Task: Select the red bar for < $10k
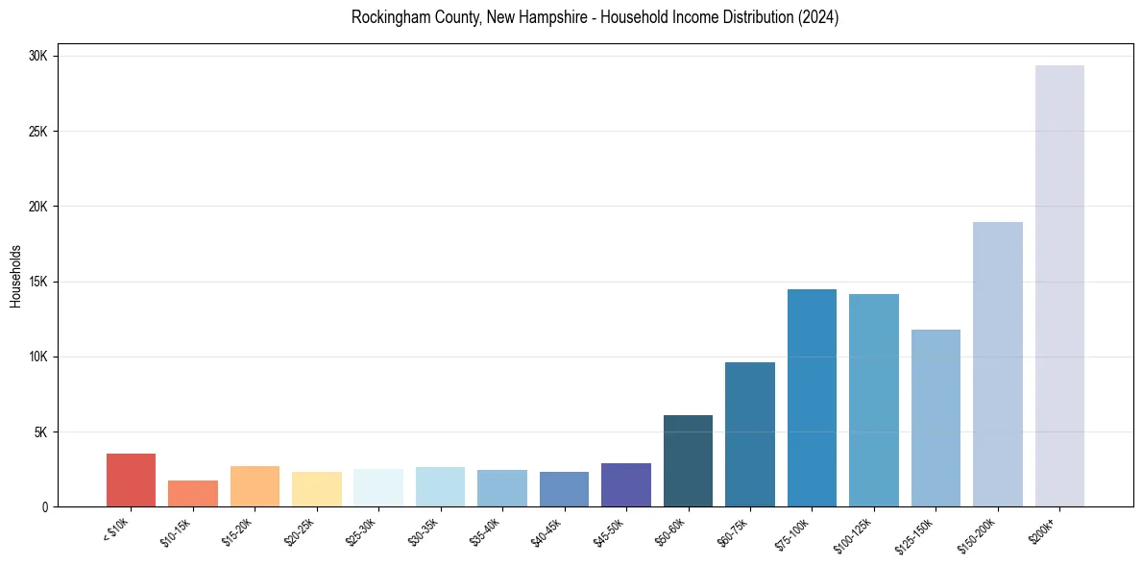pos(131,480)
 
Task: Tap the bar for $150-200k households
pos(998,364)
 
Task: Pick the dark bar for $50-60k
pos(688,460)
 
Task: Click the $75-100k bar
pos(812,398)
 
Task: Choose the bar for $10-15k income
pos(193,493)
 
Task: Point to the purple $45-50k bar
pos(626,484)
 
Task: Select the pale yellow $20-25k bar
pos(317,489)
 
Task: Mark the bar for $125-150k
pos(935,418)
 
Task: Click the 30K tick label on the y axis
pos(38,57)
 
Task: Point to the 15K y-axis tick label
pos(38,282)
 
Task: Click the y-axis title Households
pos(16,276)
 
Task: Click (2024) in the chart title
pos(818,17)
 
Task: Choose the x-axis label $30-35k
pos(425,530)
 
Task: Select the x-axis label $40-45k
pos(548,530)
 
